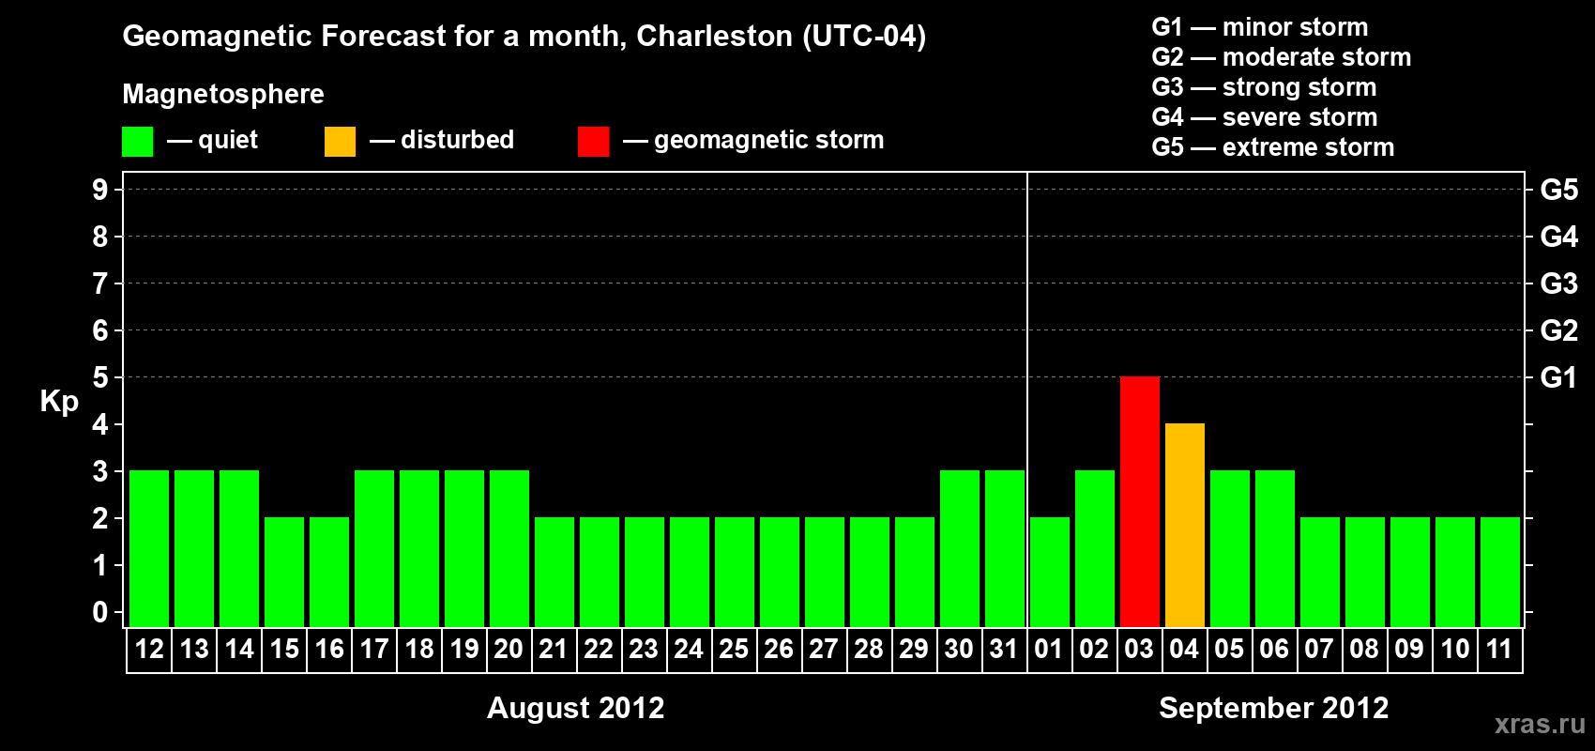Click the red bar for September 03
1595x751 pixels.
[x=1139, y=501]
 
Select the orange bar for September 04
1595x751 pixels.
[x=1184, y=525]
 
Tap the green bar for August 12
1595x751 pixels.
[x=149, y=548]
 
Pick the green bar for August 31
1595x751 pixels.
[x=1004, y=548]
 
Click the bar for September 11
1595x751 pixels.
[x=1499, y=572]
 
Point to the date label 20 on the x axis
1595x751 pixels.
[x=509, y=650]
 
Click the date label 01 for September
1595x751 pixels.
[x=1049, y=650]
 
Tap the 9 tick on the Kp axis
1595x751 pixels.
[x=100, y=190]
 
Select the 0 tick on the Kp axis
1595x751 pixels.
[x=100, y=612]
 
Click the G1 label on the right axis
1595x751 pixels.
[x=1558, y=377]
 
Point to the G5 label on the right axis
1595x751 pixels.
[x=1558, y=190]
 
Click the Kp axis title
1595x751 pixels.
[x=59, y=401]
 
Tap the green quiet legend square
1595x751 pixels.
[x=137, y=142]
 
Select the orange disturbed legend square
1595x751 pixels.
[x=340, y=142]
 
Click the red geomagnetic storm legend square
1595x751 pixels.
[x=593, y=142]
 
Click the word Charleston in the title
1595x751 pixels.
[x=714, y=37]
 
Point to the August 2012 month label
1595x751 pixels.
[x=575, y=708]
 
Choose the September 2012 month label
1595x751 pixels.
[x=1273, y=708]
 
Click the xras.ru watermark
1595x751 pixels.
[x=1540, y=724]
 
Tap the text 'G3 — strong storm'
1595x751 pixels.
[x=1264, y=87]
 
